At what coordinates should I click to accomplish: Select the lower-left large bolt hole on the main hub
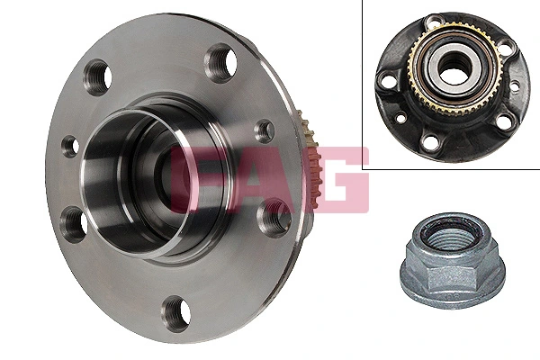[72, 222]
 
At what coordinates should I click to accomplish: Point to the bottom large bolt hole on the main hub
[175, 314]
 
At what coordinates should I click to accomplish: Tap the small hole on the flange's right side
[265, 131]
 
